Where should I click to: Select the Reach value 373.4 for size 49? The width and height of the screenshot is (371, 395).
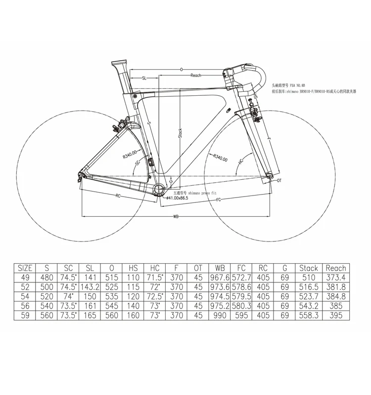(336, 277)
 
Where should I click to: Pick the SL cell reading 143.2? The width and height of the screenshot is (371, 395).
(90, 287)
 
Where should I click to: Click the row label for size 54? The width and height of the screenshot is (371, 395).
(25, 296)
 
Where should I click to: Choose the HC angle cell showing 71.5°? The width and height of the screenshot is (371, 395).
(154, 277)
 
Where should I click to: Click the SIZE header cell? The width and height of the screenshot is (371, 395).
(25, 268)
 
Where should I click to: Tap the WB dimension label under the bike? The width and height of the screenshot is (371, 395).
(176, 217)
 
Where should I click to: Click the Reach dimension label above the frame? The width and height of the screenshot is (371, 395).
(195, 76)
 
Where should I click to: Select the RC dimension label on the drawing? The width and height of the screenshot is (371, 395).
(118, 196)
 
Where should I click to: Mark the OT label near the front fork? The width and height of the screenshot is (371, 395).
(279, 181)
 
